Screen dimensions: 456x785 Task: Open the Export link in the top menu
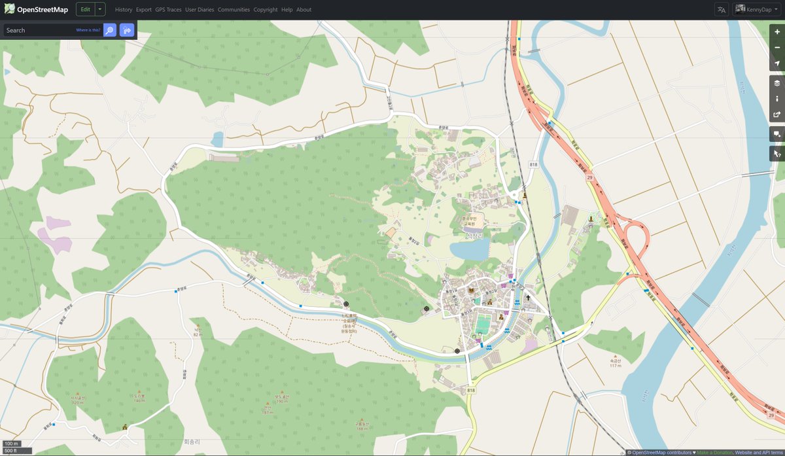click(x=144, y=10)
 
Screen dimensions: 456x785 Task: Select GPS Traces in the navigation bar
click(x=168, y=10)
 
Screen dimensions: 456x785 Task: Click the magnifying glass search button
click(x=110, y=30)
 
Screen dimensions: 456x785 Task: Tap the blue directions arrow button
click(x=127, y=30)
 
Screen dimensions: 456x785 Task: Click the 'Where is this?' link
click(x=88, y=30)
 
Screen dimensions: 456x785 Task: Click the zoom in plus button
click(x=776, y=32)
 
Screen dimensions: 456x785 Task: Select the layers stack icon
click(x=776, y=83)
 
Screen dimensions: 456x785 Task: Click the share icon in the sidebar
click(x=776, y=114)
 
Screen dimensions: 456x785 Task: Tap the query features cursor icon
click(x=776, y=154)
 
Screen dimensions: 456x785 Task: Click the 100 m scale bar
click(x=12, y=444)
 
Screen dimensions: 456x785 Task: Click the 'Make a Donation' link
click(x=714, y=452)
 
